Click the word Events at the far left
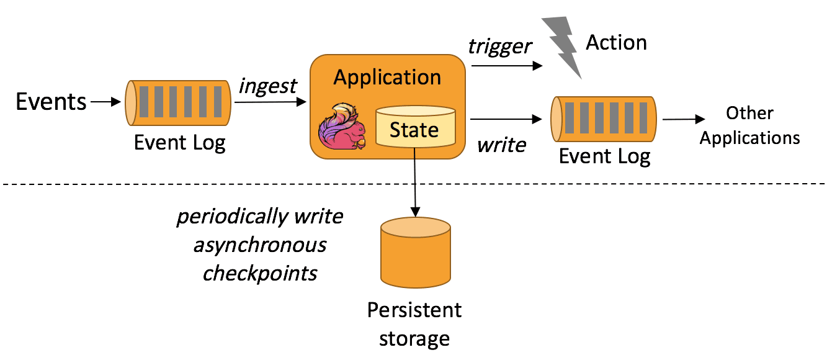click(51, 101)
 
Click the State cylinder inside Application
click(415, 130)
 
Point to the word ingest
click(267, 85)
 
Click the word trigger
click(500, 46)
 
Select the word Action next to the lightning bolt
click(616, 42)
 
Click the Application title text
click(387, 78)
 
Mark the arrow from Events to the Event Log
click(107, 102)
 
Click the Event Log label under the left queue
click(180, 142)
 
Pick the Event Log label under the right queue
click(604, 156)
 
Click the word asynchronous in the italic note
click(260, 245)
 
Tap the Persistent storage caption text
click(414, 323)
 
